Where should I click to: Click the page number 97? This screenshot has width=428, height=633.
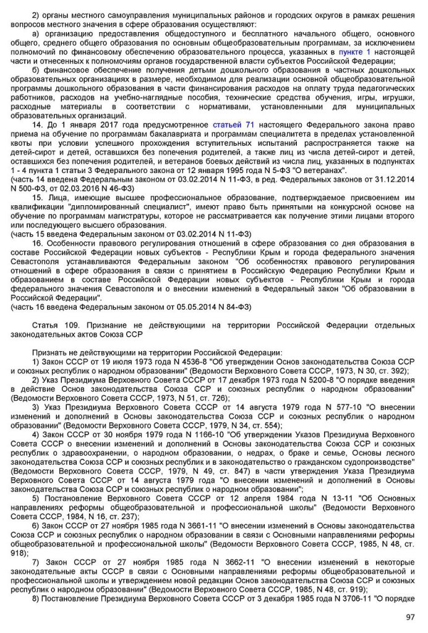pos(409,617)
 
